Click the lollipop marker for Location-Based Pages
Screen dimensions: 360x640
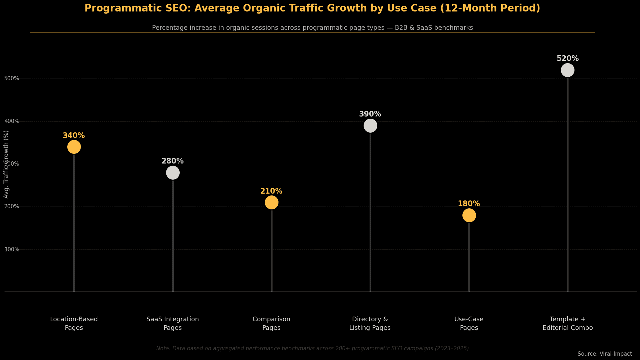tap(74, 147)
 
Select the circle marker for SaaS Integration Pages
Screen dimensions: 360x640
tap(173, 173)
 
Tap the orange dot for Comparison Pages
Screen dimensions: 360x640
tap(271, 202)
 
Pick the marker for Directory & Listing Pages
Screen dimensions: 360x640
tap(370, 126)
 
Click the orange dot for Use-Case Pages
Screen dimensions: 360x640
tap(469, 215)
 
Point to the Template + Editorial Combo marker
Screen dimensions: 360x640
tap(567, 70)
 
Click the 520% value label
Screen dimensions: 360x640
tap(567, 59)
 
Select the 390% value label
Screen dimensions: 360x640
tap(370, 114)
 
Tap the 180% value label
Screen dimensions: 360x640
tap(469, 204)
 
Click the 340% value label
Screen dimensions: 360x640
tap(74, 136)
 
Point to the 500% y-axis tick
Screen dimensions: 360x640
tap(12, 79)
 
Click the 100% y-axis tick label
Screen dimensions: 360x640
tap(12, 249)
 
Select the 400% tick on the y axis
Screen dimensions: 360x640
tap(12, 121)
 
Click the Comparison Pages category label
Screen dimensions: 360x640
tap(271, 323)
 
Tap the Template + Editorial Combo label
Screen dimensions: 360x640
tap(567, 323)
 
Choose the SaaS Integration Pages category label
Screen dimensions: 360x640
tap(173, 323)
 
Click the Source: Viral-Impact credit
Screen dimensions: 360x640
tap(604, 354)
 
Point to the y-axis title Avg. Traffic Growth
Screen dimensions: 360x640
tap(6, 164)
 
